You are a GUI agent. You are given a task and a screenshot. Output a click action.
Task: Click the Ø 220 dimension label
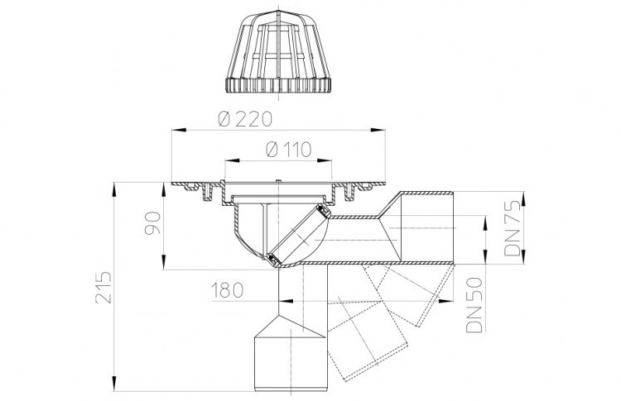245,118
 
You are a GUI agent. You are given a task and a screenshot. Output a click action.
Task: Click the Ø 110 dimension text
289,150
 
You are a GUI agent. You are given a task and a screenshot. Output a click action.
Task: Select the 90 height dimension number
153,223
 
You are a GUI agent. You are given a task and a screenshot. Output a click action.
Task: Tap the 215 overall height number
103,287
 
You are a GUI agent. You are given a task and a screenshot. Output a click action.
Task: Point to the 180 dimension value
227,291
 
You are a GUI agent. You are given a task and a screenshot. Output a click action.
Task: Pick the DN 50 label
474,304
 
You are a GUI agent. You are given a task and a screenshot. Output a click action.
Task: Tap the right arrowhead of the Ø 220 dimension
378,130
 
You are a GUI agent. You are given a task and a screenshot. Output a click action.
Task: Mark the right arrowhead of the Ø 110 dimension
325,160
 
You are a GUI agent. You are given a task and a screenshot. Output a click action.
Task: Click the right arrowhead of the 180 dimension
446,301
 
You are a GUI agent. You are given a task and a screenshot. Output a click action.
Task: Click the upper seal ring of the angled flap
325,211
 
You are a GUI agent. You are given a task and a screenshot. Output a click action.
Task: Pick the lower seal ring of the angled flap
272,259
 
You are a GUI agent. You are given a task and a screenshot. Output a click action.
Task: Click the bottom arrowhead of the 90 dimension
164,262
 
